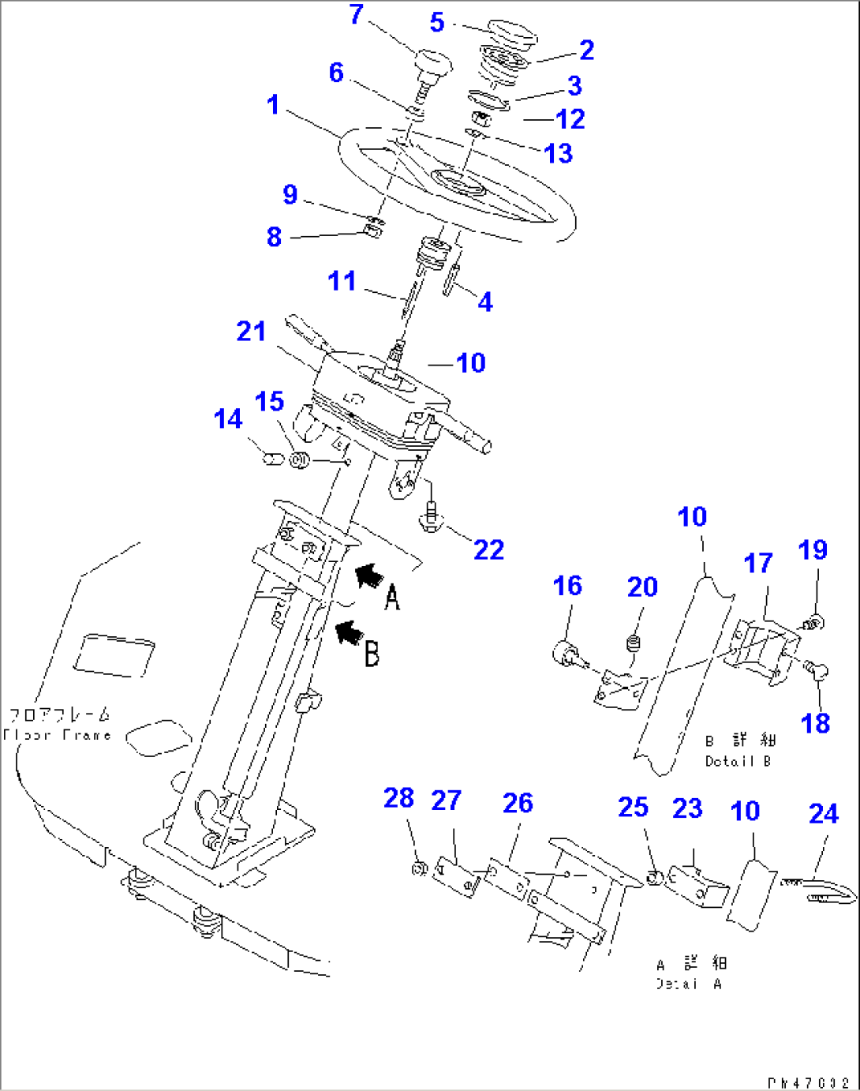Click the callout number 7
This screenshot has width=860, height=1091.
click(356, 14)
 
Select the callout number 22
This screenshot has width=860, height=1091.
click(488, 549)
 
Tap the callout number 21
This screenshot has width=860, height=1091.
click(251, 331)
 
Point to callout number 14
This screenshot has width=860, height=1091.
click(228, 418)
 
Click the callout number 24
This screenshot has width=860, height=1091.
click(823, 813)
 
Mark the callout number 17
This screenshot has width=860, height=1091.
click(758, 563)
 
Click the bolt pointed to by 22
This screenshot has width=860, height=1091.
click(431, 517)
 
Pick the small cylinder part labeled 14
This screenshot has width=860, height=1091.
click(272, 458)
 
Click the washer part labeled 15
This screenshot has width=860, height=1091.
click(299, 459)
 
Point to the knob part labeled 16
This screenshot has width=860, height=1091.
click(565, 654)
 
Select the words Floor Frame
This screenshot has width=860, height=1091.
click(57, 735)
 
